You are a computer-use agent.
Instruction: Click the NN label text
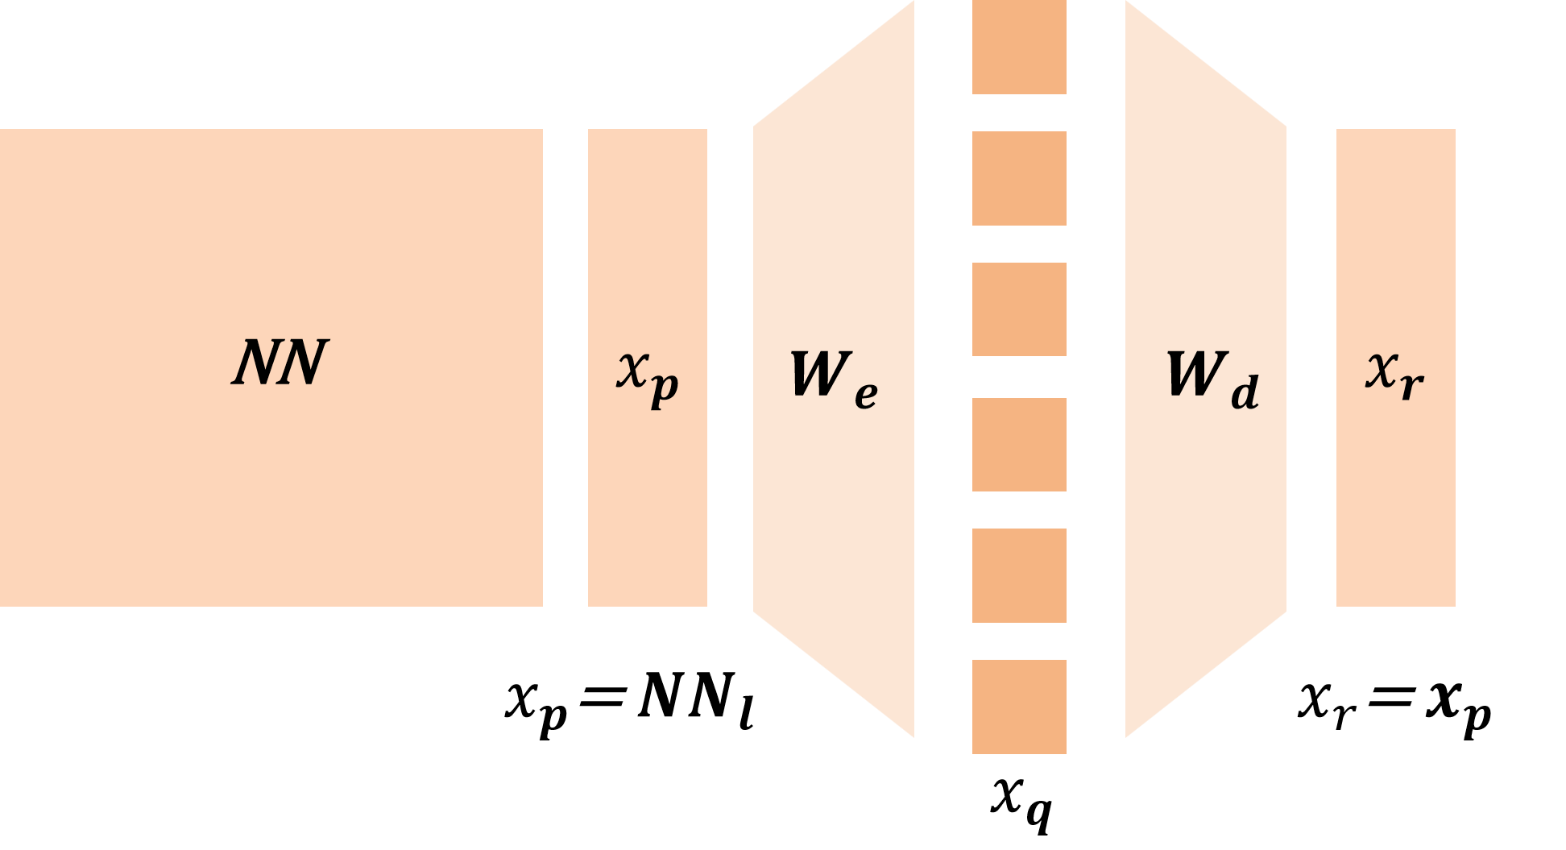[280, 363]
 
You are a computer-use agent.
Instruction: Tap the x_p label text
[648, 377]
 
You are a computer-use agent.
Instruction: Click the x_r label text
[1395, 375]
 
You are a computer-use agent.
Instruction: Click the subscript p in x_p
[665, 388]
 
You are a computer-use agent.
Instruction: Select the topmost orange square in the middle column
[1019, 47]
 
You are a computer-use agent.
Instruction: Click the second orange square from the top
[1019, 178]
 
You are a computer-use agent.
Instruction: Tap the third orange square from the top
[1019, 309]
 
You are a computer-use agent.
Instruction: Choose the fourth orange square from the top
[1019, 445]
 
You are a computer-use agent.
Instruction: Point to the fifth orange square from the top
[1019, 575]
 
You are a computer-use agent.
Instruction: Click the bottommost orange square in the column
[1019, 707]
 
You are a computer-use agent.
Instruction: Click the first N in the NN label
[256, 363]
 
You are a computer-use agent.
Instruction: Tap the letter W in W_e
[818, 375]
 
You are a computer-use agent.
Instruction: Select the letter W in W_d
[1195, 375]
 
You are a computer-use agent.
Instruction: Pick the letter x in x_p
[632, 371]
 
